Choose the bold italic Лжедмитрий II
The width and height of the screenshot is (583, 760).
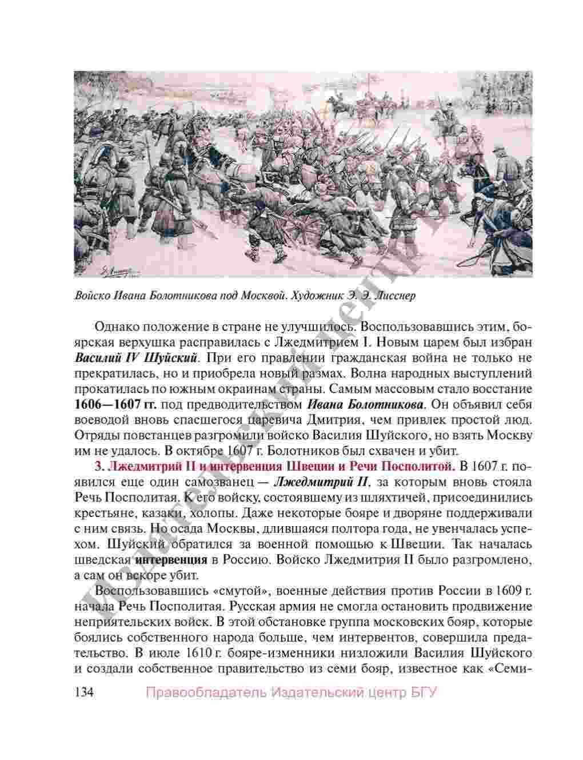tap(320, 480)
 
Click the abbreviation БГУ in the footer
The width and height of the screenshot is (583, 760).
tap(424, 693)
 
